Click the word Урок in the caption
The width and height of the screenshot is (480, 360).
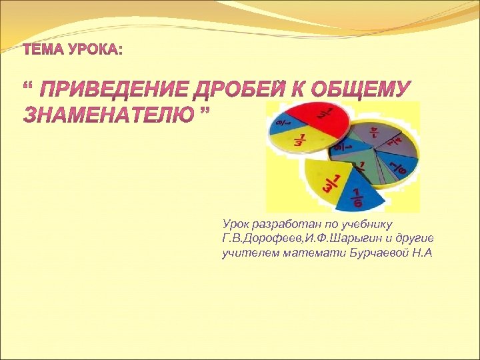click(x=237, y=224)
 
